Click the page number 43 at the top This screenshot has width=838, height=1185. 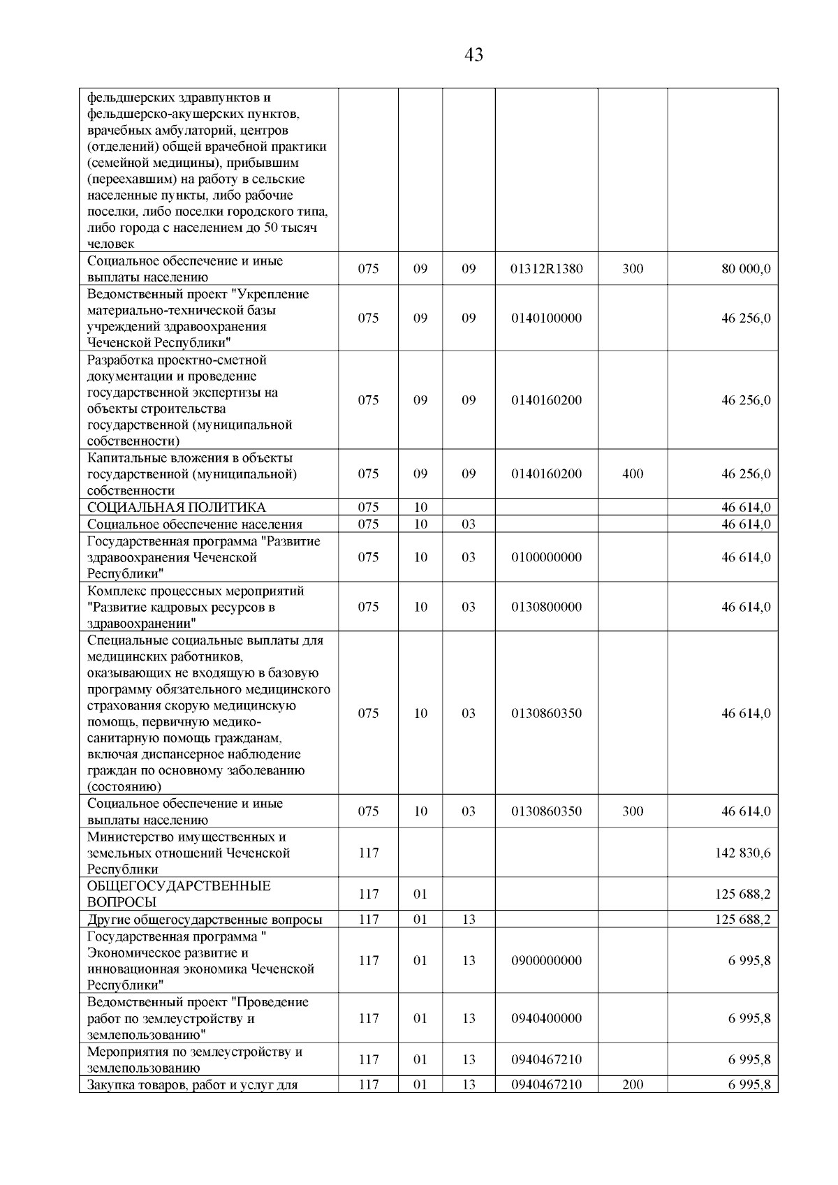(473, 55)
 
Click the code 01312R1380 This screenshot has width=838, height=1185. (546, 269)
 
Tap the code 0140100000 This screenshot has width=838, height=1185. (546, 318)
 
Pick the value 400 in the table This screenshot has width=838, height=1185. (632, 474)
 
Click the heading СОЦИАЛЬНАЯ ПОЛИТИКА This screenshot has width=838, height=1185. (176, 508)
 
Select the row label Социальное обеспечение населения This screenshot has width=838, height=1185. (195, 524)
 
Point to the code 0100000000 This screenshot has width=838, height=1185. (546, 557)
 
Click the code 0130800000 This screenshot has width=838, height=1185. (546, 607)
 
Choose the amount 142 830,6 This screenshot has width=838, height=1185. (742, 853)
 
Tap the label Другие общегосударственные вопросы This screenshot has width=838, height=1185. (205, 920)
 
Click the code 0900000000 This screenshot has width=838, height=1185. (546, 960)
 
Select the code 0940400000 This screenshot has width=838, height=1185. (546, 1018)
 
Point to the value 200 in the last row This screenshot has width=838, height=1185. (632, 1084)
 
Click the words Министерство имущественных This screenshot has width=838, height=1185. (186, 837)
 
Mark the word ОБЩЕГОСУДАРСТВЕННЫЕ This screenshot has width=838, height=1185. (179, 886)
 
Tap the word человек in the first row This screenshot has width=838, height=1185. (111, 244)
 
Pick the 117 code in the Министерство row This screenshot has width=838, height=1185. (368, 853)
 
